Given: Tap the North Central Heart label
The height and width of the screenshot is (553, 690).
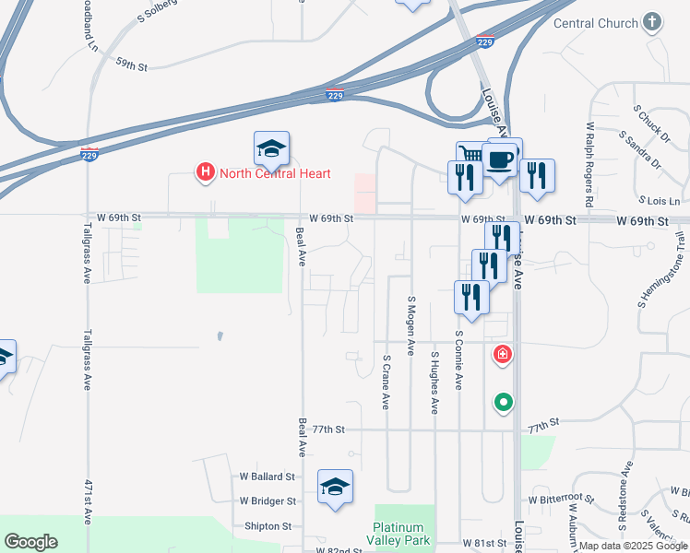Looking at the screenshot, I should pos(273,173).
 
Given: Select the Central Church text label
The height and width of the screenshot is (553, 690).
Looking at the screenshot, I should pos(595,22).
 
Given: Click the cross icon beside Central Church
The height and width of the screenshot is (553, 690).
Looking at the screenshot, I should pos(652,21).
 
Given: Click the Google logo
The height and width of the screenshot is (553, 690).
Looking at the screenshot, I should pos(30,542).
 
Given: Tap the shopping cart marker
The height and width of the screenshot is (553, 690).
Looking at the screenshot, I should pos(470,155).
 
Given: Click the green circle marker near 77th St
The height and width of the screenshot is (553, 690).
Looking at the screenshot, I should pos(503,402).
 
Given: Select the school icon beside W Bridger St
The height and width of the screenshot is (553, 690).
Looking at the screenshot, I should pos(335,488).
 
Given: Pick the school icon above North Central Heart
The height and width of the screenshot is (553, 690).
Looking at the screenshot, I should pos(272,149).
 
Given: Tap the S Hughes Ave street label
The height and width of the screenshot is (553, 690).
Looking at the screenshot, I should pos(434,382).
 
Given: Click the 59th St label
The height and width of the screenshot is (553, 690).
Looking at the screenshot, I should pos(132,65).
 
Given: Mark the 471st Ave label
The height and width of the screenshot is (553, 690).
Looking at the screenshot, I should pos(89,503).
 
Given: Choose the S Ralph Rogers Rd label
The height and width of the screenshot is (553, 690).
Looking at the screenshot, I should pos(588,161).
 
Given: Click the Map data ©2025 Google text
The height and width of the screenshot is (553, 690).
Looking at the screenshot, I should pos(633,546).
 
